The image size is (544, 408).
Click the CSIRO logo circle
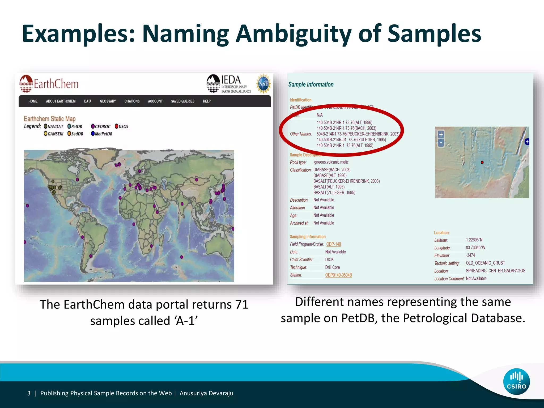click(x=516, y=382)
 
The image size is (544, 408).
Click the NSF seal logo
click(x=263, y=84)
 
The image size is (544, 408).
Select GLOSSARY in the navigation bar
click(x=108, y=101)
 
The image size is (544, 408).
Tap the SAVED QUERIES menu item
click(x=183, y=101)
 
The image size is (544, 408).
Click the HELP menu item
click(x=207, y=101)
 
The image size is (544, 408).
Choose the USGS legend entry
click(x=121, y=126)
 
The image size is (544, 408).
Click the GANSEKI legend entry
click(x=54, y=134)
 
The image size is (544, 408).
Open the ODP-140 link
click(x=333, y=244)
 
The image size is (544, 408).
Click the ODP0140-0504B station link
click(x=338, y=275)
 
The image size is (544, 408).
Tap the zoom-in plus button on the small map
click(x=441, y=135)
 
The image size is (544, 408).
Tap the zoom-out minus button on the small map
click(x=441, y=143)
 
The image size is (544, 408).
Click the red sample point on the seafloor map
click(x=482, y=162)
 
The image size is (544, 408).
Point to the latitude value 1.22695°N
click(x=474, y=240)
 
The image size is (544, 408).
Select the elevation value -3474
click(x=470, y=255)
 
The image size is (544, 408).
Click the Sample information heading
click(x=311, y=84)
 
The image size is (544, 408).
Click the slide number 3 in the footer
click(x=29, y=393)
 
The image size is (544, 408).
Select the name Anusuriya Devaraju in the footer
click(x=206, y=393)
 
